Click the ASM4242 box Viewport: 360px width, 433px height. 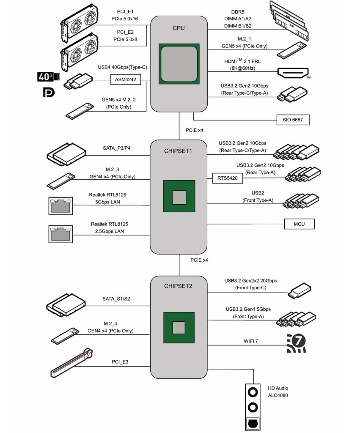point(125,79)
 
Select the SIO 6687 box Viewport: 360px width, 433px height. point(293,120)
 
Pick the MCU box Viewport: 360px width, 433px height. point(299,224)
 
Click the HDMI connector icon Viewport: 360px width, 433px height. point(293,73)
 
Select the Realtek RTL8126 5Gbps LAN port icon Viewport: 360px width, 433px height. point(59,205)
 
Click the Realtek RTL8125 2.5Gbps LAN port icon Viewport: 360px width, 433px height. point(59,234)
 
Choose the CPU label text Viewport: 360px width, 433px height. point(179,28)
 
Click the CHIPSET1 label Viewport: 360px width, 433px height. point(179,151)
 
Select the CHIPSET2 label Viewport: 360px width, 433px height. point(179,286)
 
